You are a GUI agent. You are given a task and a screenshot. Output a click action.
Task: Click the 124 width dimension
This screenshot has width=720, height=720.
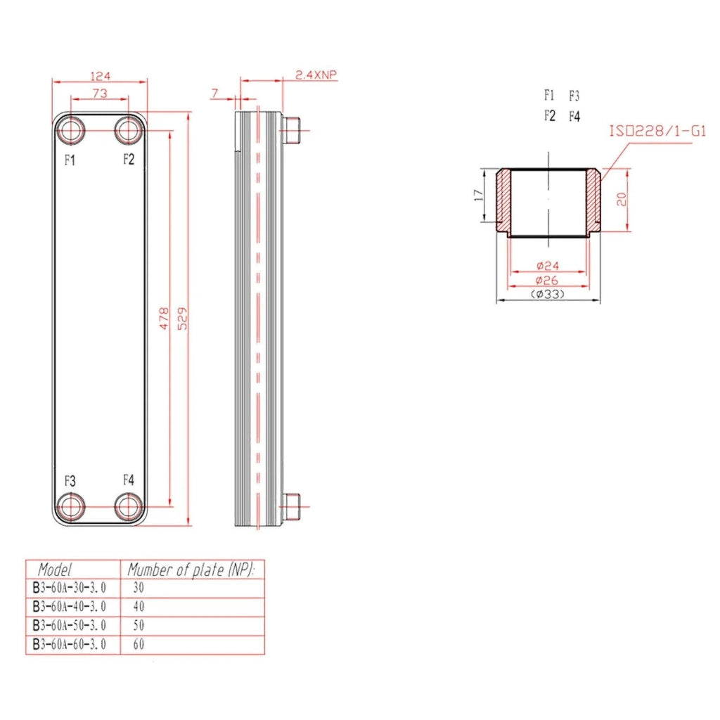[100, 75]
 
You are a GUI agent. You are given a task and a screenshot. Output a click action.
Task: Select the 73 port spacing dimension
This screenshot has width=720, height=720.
[100, 94]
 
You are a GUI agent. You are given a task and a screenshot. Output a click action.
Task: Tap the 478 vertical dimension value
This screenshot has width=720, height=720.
[164, 319]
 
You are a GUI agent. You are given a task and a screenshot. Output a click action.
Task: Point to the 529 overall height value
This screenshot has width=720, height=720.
[182, 319]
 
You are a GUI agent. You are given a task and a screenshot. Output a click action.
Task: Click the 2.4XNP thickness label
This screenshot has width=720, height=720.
[316, 75]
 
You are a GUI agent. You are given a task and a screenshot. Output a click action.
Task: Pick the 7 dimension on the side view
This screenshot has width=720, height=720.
[215, 94]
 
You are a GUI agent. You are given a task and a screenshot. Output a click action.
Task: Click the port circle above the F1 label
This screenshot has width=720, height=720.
[71, 130]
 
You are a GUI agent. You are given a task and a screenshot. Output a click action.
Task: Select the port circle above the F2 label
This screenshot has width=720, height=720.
[128, 130]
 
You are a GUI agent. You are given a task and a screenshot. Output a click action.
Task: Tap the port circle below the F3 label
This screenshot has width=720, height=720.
[71, 507]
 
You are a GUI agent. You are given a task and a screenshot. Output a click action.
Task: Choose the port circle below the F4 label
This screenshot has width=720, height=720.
[128, 507]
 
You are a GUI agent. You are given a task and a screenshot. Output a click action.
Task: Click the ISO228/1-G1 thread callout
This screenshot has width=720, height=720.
[657, 131]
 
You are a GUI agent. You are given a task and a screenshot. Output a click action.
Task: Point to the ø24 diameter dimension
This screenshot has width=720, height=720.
[548, 265]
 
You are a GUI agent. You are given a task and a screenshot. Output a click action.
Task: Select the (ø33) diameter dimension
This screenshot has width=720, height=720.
[548, 294]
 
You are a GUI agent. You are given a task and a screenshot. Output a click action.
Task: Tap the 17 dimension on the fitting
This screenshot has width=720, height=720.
[478, 195]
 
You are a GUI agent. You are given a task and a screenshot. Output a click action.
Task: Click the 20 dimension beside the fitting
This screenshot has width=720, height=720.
[622, 199]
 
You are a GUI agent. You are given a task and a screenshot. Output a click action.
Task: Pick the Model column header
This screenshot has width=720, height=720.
[55, 570]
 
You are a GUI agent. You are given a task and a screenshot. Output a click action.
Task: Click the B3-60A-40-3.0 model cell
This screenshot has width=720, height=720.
[70, 607]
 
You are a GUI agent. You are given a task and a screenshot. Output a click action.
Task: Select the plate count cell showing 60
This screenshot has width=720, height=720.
[139, 644]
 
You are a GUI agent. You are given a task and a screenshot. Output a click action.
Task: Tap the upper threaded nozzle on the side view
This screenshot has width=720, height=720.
[290, 130]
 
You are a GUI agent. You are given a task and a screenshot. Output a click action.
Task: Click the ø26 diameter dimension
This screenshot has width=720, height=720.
[547, 280]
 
